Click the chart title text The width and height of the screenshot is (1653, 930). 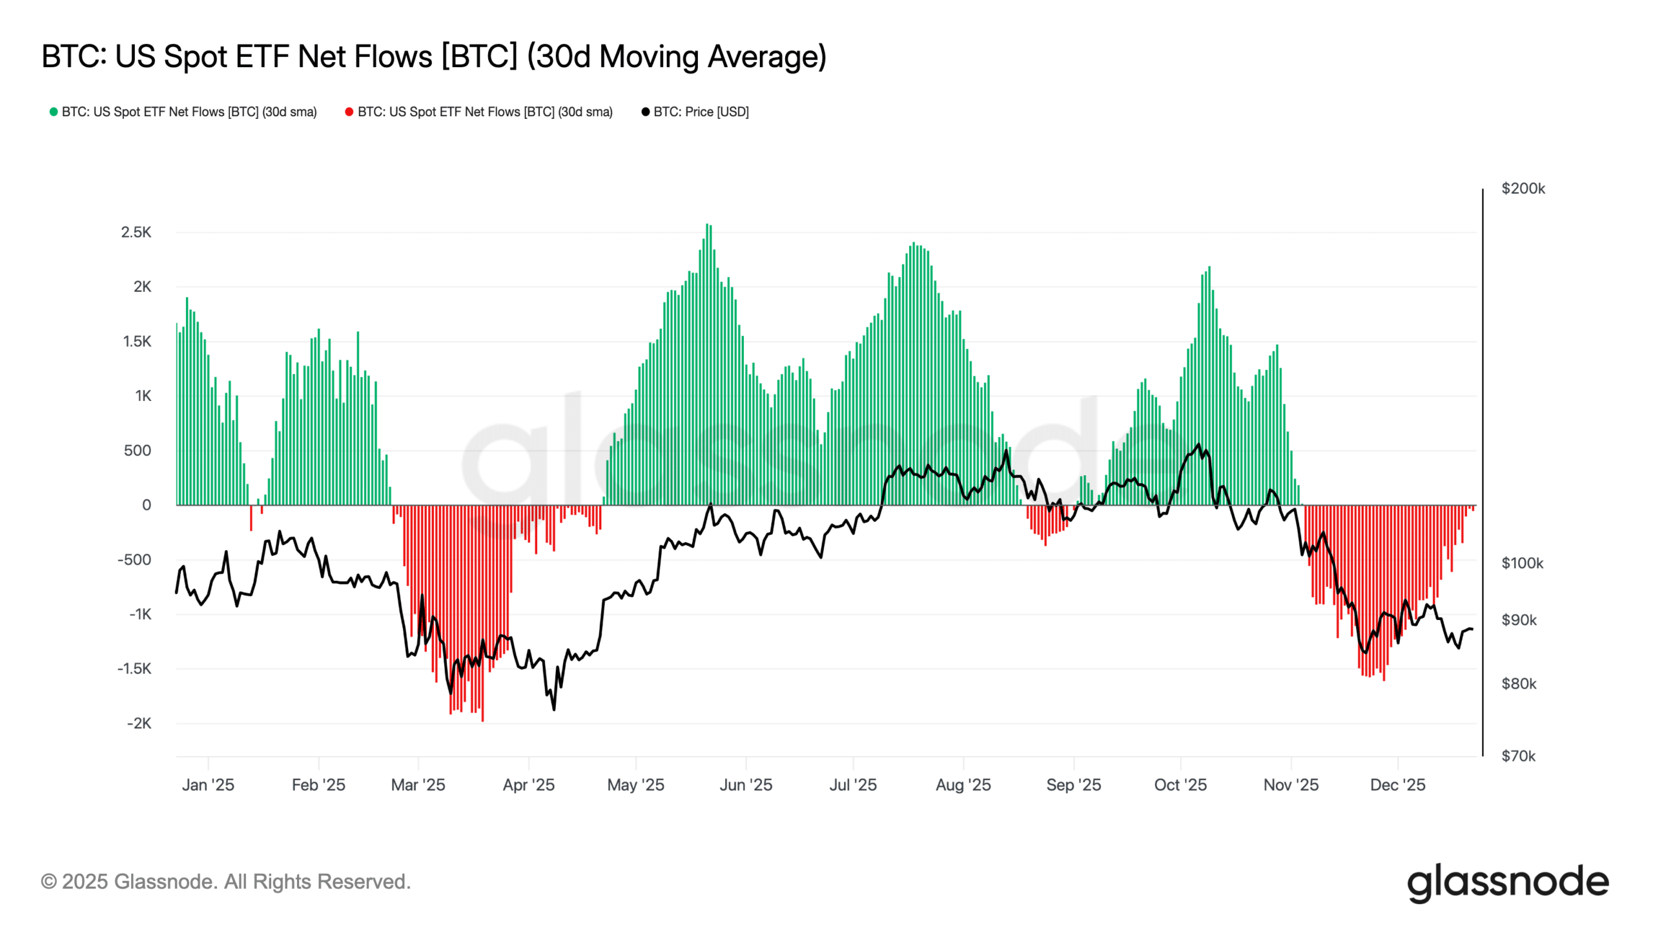[x=434, y=56]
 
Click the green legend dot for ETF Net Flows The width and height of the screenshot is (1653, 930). [x=54, y=112]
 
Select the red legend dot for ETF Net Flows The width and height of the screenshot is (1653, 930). [x=349, y=112]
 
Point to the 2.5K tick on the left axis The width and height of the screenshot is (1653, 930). [x=136, y=232]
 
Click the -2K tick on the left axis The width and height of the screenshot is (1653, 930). [x=139, y=723]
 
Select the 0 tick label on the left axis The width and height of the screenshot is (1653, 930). [x=147, y=505]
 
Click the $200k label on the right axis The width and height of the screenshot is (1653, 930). [x=1523, y=189]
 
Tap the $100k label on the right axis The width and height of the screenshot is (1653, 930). [x=1522, y=563]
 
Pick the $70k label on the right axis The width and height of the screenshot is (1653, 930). [x=1518, y=756]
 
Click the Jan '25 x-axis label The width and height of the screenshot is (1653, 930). [x=208, y=785]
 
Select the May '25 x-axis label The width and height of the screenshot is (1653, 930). [x=635, y=785]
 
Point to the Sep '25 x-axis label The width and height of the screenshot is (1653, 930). [x=1073, y=785]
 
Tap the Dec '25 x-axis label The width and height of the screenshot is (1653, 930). [x=1397, y=785]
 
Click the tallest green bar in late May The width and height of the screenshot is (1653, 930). [x=708, y=362]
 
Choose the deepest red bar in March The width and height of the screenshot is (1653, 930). [x=482, y=614]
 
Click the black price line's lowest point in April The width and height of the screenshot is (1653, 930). [x=554, y=710]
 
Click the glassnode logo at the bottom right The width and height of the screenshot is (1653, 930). [x=1508, y=883]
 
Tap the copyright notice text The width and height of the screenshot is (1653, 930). [x=226, y=882]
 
